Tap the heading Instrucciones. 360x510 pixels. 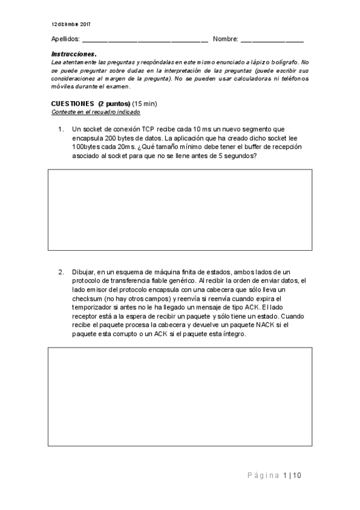[x=69, y=54]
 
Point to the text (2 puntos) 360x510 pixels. [x=114, y=103]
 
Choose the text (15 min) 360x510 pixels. [x=145, y=103]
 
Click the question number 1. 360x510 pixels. [x=61, y=129]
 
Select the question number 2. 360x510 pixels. [x=61, y=272]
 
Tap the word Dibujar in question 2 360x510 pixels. [x=83, y=272]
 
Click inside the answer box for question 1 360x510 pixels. [x=180, y=205]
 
